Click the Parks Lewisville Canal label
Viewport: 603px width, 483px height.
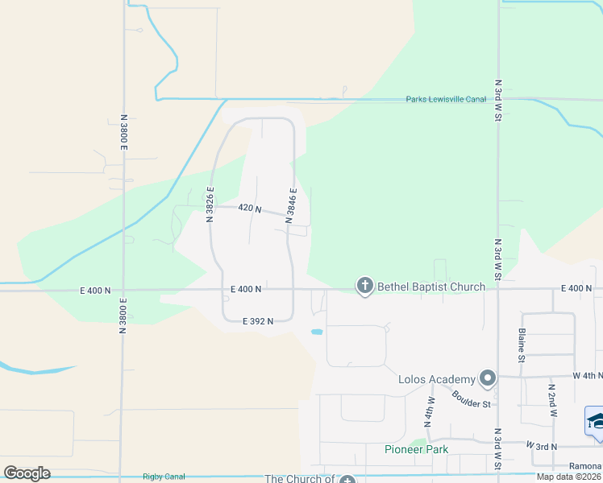446,100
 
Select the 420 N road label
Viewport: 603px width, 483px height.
250,208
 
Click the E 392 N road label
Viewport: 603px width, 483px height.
258,320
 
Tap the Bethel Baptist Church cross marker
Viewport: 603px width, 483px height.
364,286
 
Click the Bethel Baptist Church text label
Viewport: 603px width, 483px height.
430,287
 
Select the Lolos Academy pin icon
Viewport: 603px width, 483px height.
487,378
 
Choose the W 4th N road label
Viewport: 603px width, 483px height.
587,376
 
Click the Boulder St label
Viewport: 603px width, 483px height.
472,398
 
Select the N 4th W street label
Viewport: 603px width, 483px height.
429,411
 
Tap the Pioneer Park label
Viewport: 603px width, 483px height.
416,449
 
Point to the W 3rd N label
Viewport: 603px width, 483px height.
543,445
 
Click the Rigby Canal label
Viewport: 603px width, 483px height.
164,477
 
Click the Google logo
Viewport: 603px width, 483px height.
27,473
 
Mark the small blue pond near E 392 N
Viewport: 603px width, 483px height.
317,331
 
